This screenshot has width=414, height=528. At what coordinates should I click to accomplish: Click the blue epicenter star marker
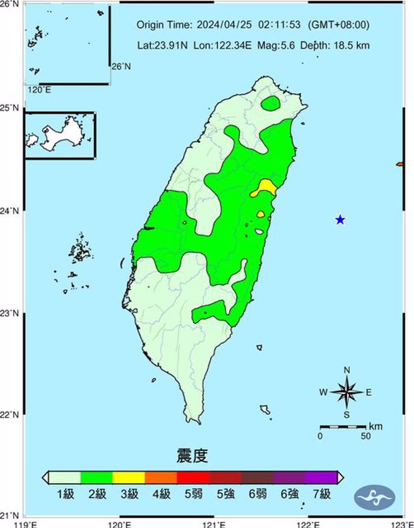click(x=340, y=220)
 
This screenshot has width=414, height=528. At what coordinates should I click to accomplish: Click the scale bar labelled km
click(x=343, y=428)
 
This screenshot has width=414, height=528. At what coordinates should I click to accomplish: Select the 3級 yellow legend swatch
click(x=129, y=477)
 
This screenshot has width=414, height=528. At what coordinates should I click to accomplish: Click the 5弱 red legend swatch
click(x=192, y=477)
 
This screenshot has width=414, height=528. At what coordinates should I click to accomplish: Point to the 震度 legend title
click(x=192, y=455)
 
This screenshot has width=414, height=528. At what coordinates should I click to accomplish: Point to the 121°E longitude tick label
click(x=215, y=523)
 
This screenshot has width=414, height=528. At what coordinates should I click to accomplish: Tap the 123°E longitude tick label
click(x=397, y=523)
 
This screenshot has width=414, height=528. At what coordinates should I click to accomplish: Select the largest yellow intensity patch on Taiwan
click(x=266, y=186)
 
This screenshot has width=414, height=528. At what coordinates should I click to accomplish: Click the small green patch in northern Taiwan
click(x=271, y=103)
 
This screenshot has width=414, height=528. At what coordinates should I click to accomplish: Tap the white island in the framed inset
click(x=54, y=135)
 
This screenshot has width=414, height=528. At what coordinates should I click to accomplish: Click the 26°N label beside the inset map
click(x=121, y=66)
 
